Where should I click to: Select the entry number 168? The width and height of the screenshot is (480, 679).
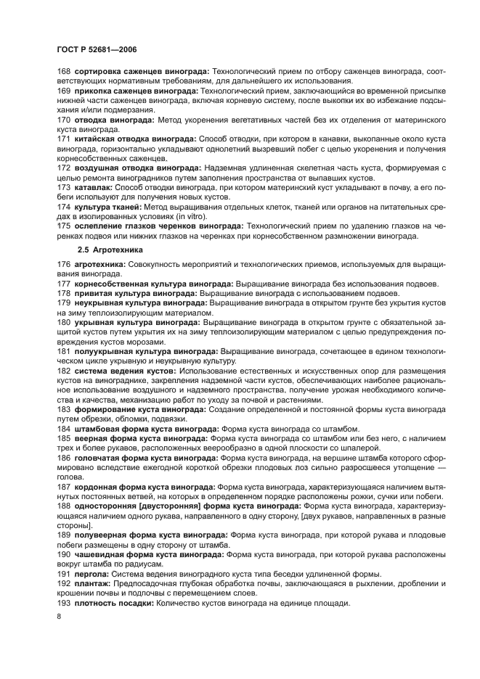click(63, 71)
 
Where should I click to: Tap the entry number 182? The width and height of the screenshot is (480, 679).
click(63, 371)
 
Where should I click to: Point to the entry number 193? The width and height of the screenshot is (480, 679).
click(63, 604)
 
